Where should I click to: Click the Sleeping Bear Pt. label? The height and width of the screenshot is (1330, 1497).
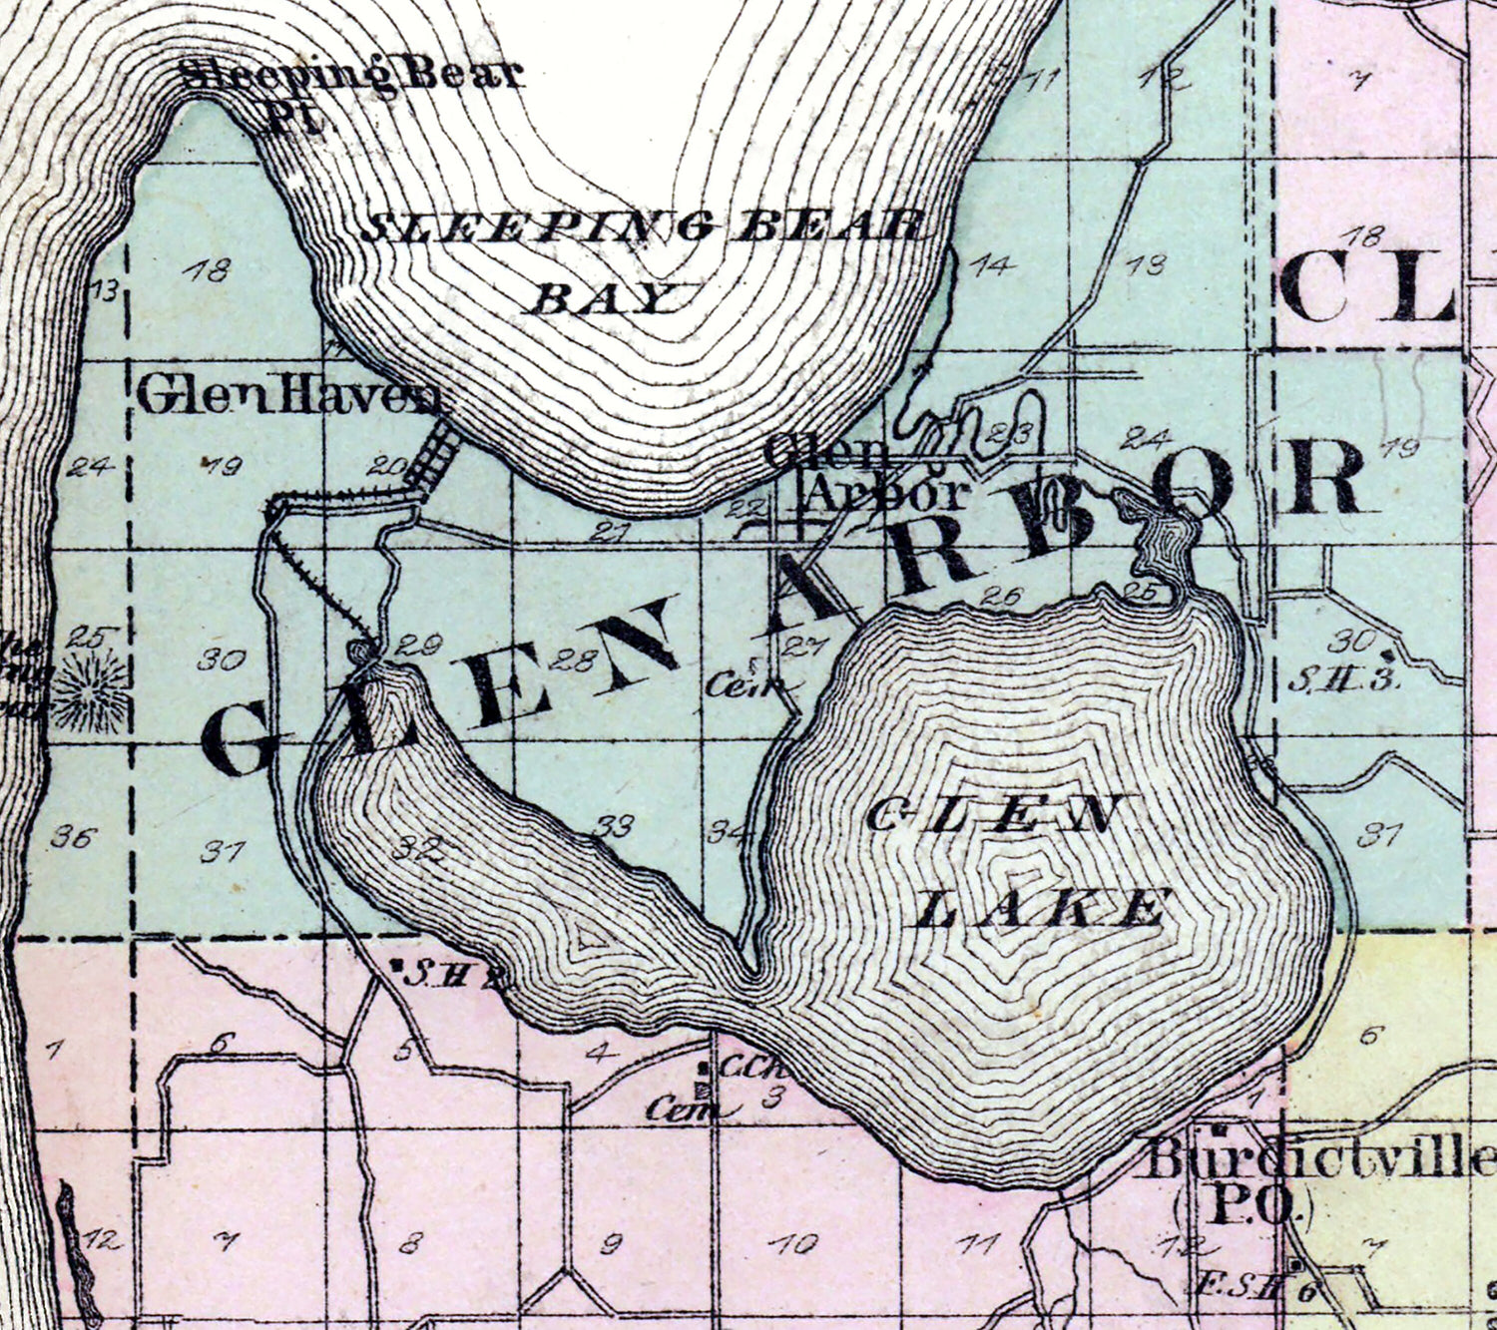[x=349, y=90]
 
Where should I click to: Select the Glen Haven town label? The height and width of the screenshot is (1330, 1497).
[x=286, y=397]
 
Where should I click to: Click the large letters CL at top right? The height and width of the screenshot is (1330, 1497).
[x=1367, y=284]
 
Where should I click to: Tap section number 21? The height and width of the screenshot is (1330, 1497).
[x=609, y=532]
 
